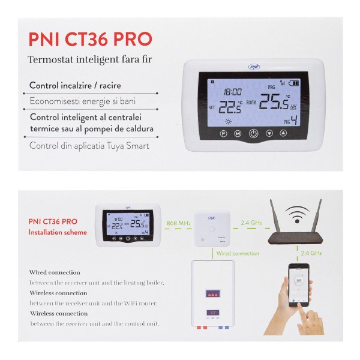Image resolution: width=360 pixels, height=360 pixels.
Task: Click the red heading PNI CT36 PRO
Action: point(90,39)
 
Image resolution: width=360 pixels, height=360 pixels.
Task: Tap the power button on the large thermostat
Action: point(254,134)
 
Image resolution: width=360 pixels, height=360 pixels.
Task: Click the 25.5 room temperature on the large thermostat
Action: point(274,103)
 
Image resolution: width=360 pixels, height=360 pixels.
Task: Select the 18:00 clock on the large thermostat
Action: point(233,92)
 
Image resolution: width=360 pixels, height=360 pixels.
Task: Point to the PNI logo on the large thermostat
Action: point(254,68)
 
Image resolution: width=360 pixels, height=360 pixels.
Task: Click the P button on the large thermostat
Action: point(224,134)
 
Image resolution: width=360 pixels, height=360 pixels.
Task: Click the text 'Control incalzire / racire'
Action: point(75,86)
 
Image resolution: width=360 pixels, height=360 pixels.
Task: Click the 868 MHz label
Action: point(178,223)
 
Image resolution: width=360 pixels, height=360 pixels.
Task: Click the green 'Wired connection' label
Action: point(238,253)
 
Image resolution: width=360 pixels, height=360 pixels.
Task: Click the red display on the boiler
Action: point(213,294)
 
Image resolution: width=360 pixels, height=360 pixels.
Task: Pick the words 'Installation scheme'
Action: point(58,232)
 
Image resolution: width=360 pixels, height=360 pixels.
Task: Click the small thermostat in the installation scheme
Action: point(128,225)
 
